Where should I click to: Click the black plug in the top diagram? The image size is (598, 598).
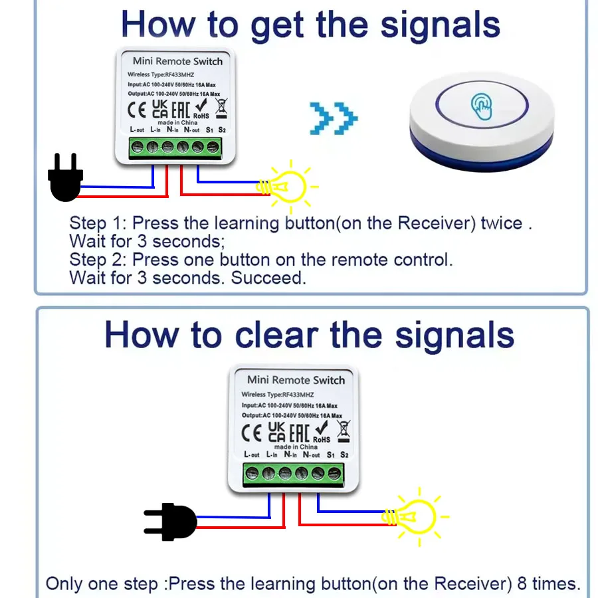65,179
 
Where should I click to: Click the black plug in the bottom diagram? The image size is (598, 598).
171,522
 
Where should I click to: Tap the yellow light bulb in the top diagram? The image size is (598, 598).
286,186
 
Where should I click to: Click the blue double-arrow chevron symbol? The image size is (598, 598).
334,119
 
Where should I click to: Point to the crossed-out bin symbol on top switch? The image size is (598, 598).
221,107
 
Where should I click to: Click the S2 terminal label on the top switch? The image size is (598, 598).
222,130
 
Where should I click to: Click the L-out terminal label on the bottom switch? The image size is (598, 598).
252,455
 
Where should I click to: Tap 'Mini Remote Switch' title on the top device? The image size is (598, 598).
177,61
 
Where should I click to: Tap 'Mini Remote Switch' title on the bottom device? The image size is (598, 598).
296,380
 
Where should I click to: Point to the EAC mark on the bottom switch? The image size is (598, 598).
299,433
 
